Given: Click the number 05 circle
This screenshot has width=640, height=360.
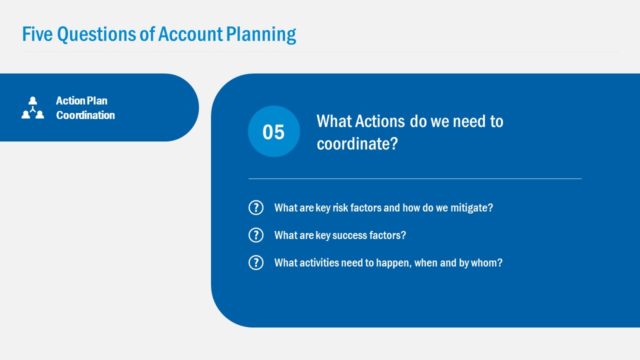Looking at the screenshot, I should [x=273, y=132].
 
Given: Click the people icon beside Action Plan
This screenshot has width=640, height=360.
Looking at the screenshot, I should [x=33, y=108].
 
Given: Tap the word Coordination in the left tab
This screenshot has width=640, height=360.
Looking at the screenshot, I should [x=85, y=115].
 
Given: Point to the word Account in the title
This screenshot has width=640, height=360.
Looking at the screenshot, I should [x=181, y=34].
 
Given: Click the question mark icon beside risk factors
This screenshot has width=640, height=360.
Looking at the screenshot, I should [x=256, y=208].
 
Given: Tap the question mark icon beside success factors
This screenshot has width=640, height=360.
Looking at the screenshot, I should [x=256, y=235].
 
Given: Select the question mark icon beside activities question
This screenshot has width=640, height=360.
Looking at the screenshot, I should [x=256, y=262].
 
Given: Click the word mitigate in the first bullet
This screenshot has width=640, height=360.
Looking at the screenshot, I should [x=471, y=208].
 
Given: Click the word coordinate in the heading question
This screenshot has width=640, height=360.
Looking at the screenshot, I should [x=354, y=143].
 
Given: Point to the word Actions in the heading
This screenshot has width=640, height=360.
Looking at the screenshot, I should [x=385, y=122].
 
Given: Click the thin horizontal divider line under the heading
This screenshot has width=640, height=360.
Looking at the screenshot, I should [x=414, y=179].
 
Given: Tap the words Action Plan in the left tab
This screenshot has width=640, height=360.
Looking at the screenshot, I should [x=83, y=101].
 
